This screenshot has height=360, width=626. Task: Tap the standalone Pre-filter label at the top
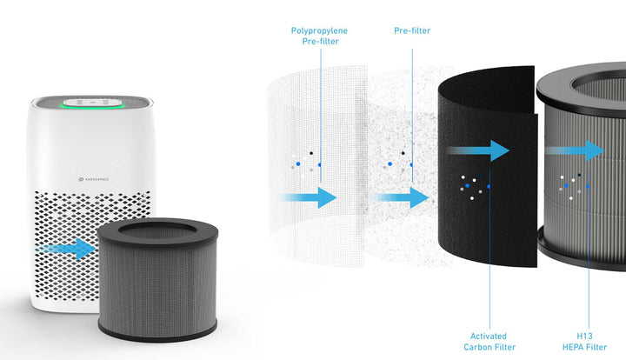pyautogui.click(x=412, y=31)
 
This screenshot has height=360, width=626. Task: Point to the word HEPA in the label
pyautogui.click(x=573, y=347)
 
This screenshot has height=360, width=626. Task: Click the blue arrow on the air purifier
pyautogui.click(x=70, y=250)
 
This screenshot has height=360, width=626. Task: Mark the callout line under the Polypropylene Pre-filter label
pyautogui.click(x=320, y=104)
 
